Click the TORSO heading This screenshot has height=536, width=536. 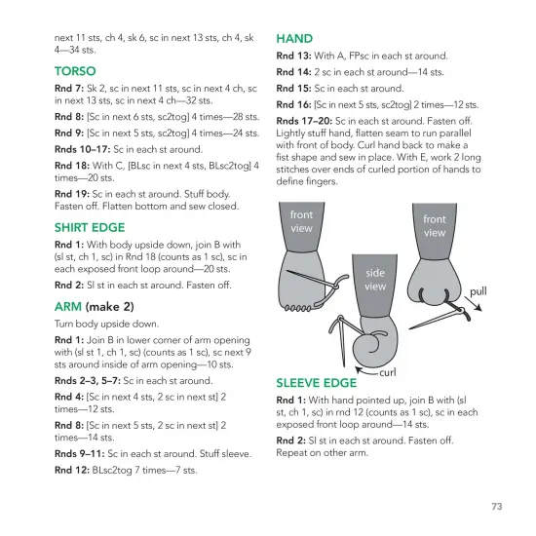75,71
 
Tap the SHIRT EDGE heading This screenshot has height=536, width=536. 90,228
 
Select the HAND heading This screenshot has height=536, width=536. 294,39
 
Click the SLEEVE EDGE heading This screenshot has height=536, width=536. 316,383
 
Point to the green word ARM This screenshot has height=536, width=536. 68,307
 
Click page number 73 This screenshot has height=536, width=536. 497,506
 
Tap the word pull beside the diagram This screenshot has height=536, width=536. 478,291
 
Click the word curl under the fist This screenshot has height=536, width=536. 388,372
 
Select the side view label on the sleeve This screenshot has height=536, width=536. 375,280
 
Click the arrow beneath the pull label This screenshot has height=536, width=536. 473,304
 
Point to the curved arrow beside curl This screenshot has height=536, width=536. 366,371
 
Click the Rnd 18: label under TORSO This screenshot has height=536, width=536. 72,166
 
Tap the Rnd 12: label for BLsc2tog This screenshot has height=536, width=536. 72,470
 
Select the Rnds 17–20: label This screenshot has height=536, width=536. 304,121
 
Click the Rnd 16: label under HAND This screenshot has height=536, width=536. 293,104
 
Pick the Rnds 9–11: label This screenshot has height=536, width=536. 80,453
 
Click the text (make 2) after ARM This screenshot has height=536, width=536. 110,307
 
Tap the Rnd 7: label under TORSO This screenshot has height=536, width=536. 69,89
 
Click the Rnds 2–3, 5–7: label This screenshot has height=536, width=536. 88,381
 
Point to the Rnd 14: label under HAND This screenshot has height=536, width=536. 293,72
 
